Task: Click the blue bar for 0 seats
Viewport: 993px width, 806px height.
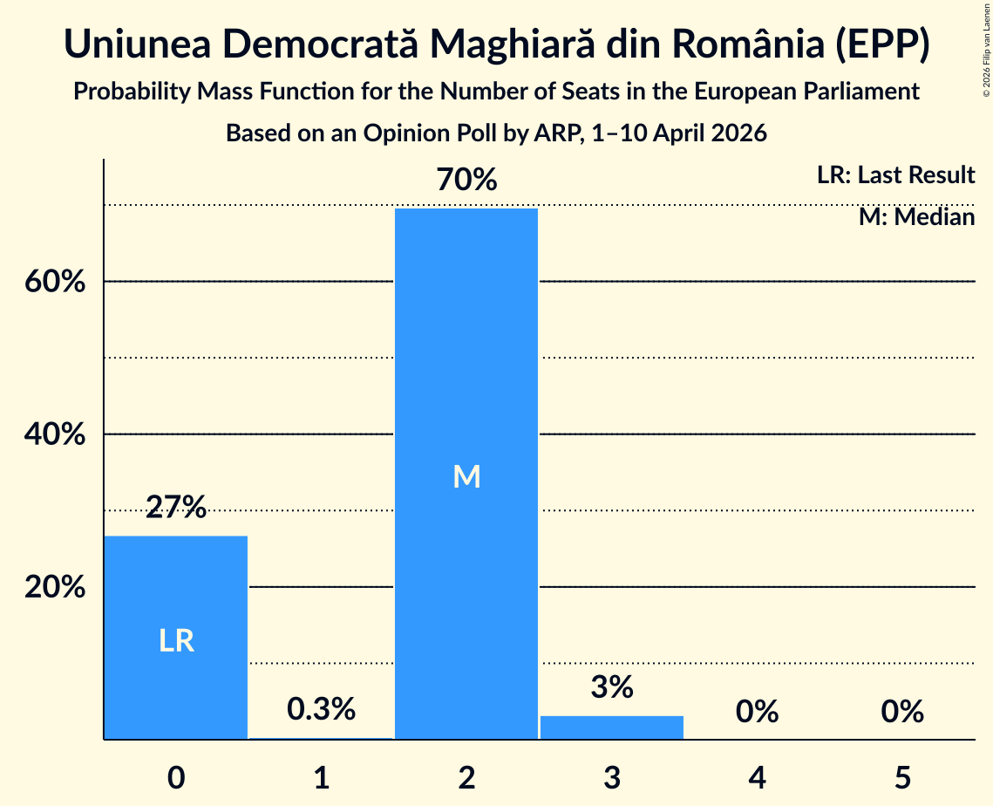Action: [176, 638]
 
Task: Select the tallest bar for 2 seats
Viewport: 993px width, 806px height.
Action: [466, 474]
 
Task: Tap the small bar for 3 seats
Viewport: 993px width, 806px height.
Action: [612, 727]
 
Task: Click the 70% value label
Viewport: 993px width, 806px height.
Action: [466, 180]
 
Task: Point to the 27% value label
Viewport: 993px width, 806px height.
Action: [176, 507]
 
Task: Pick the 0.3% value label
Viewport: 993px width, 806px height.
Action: [321, 709]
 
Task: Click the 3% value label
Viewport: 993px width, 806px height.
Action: [612, 686]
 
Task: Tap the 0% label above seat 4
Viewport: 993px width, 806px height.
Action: [758, 712]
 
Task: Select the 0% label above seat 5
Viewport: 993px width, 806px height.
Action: [902, 712]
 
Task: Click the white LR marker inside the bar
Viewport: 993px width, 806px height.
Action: [176, 640]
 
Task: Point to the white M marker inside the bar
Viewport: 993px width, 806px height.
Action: [466, 476]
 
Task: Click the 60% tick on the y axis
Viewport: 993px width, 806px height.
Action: [55, 281]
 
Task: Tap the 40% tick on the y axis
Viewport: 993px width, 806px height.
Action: [55, 434]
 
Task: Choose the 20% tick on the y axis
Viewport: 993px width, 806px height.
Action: [55, 587]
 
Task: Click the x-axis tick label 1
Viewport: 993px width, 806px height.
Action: [322, 778]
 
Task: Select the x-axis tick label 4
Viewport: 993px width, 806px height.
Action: [758, 778]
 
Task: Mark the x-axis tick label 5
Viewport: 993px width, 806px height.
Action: [902, 778]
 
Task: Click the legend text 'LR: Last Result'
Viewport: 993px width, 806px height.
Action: [895, 174]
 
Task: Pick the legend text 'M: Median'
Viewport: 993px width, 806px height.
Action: [916, 217]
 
